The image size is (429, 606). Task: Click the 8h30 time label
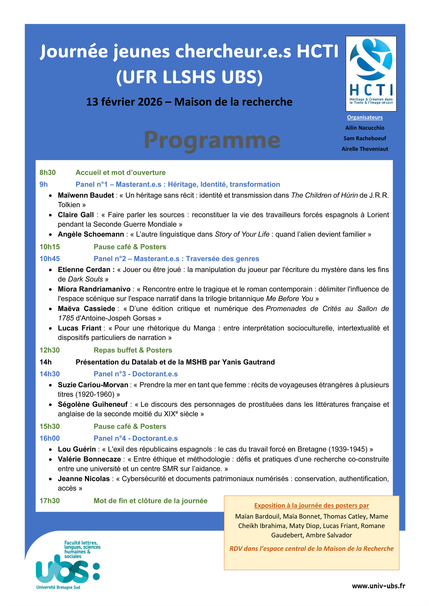[x=48, y=173]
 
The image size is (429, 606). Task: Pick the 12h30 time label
[x=50, y=350]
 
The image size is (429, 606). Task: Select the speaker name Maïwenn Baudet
[x=86, y=195]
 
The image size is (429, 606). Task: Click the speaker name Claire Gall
[x=76, y=215]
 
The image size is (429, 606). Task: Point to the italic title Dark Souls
[x=85, y=279]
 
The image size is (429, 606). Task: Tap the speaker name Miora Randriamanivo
[x=94, y=289]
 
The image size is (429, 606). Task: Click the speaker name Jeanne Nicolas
[x=84, y=479]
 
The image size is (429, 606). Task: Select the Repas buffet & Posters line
[x=133, y=350]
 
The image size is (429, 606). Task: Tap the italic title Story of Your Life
[x=242, y=234]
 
